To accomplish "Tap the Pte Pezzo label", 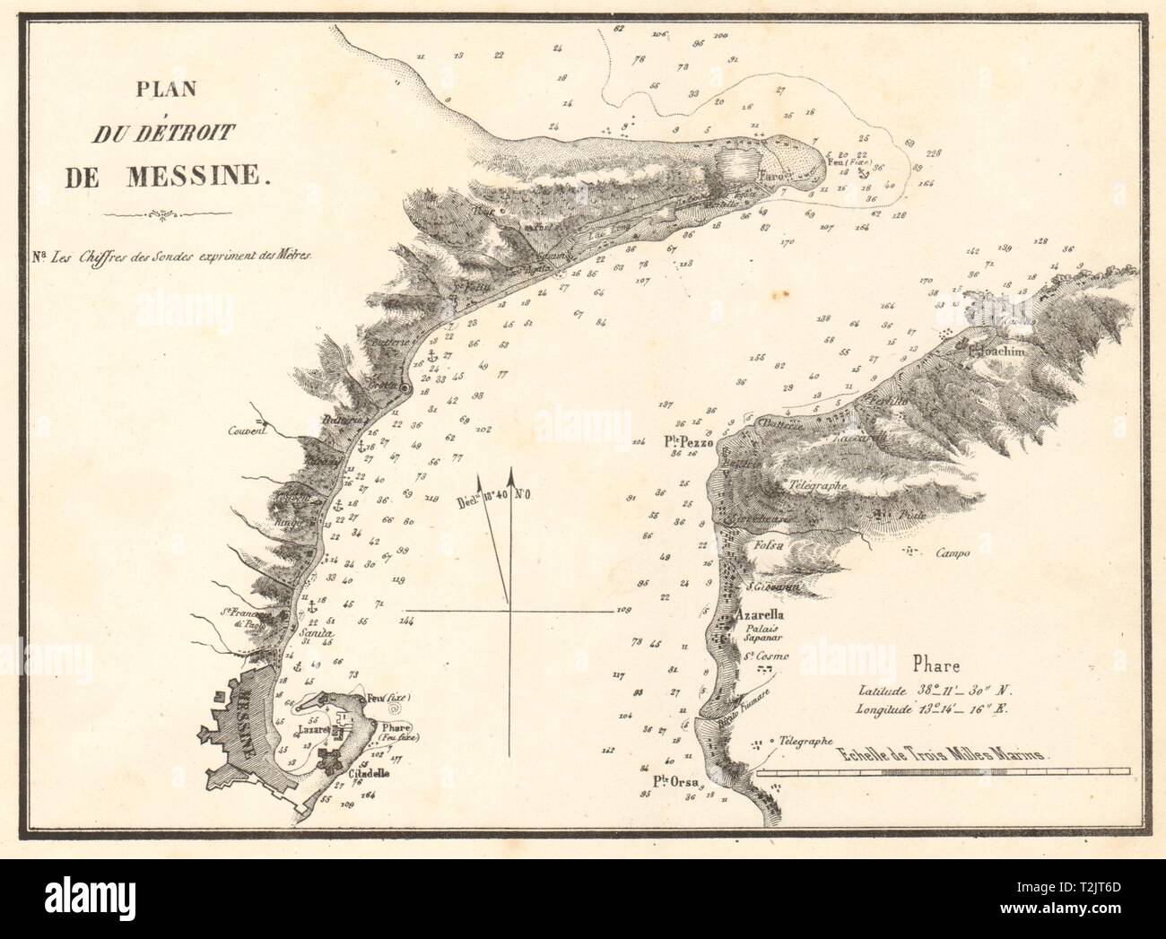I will point(688,441).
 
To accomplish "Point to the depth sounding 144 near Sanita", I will point(406,621).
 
